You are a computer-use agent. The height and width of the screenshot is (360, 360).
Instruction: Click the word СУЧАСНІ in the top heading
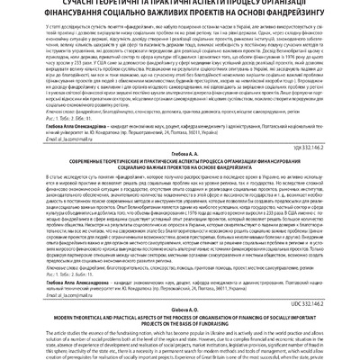tap(76, 4)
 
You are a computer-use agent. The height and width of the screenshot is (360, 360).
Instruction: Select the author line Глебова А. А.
tap(180, 157)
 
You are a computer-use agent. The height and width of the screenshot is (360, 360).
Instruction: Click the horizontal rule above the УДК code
tap(180, 144)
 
